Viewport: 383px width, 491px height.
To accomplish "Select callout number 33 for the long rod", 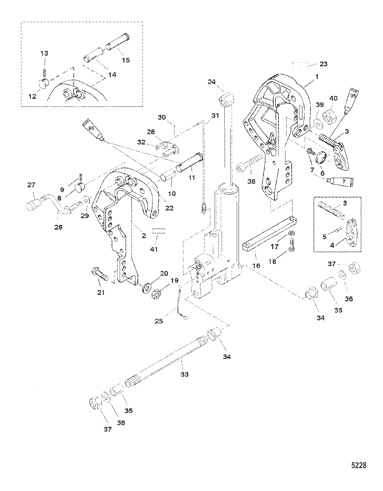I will [184, 374].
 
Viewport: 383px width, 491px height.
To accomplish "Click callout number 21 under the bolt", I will [101, 293].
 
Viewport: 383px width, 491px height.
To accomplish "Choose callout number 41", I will [154, 249].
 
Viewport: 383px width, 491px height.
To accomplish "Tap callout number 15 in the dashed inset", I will [126, 60].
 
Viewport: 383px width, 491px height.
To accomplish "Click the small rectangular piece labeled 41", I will [158, 232].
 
